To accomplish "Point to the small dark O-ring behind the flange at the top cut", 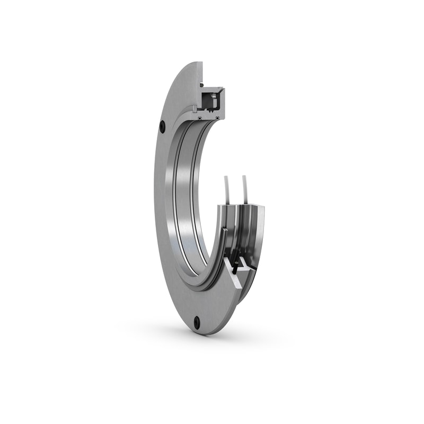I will [x=202, y=85].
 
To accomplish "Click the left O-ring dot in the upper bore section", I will [x=200, y=118].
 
